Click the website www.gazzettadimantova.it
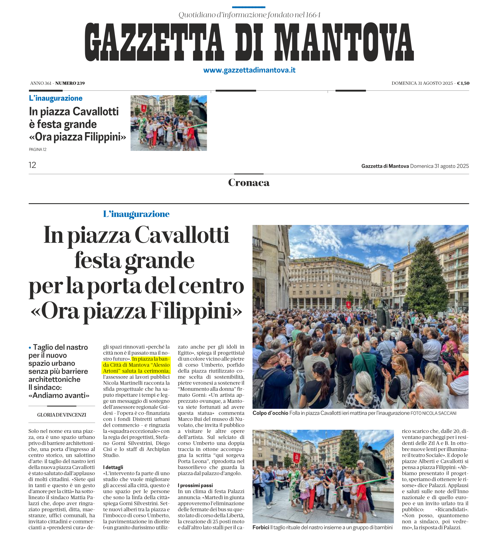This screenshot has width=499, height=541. click(249, 70)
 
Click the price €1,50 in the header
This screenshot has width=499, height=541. click(463, 83)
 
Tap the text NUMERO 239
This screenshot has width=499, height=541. click(70, 83)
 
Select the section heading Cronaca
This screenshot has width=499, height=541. click(249, 183)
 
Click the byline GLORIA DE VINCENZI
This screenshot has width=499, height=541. click(62, 415)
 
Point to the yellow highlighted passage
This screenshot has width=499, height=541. click(137, 365)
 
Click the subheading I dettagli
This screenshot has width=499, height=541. click(113, 467)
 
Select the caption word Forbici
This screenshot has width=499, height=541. click(261, 527)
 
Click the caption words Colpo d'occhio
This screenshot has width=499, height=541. click(270, 413)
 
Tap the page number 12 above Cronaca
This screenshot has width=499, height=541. click(32, 165)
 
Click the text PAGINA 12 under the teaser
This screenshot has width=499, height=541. click(37, 149)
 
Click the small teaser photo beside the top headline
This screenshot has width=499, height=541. click(169, 123)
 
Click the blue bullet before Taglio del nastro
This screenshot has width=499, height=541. click(30, 348)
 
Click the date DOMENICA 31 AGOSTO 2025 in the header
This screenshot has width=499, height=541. click(422, 83)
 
